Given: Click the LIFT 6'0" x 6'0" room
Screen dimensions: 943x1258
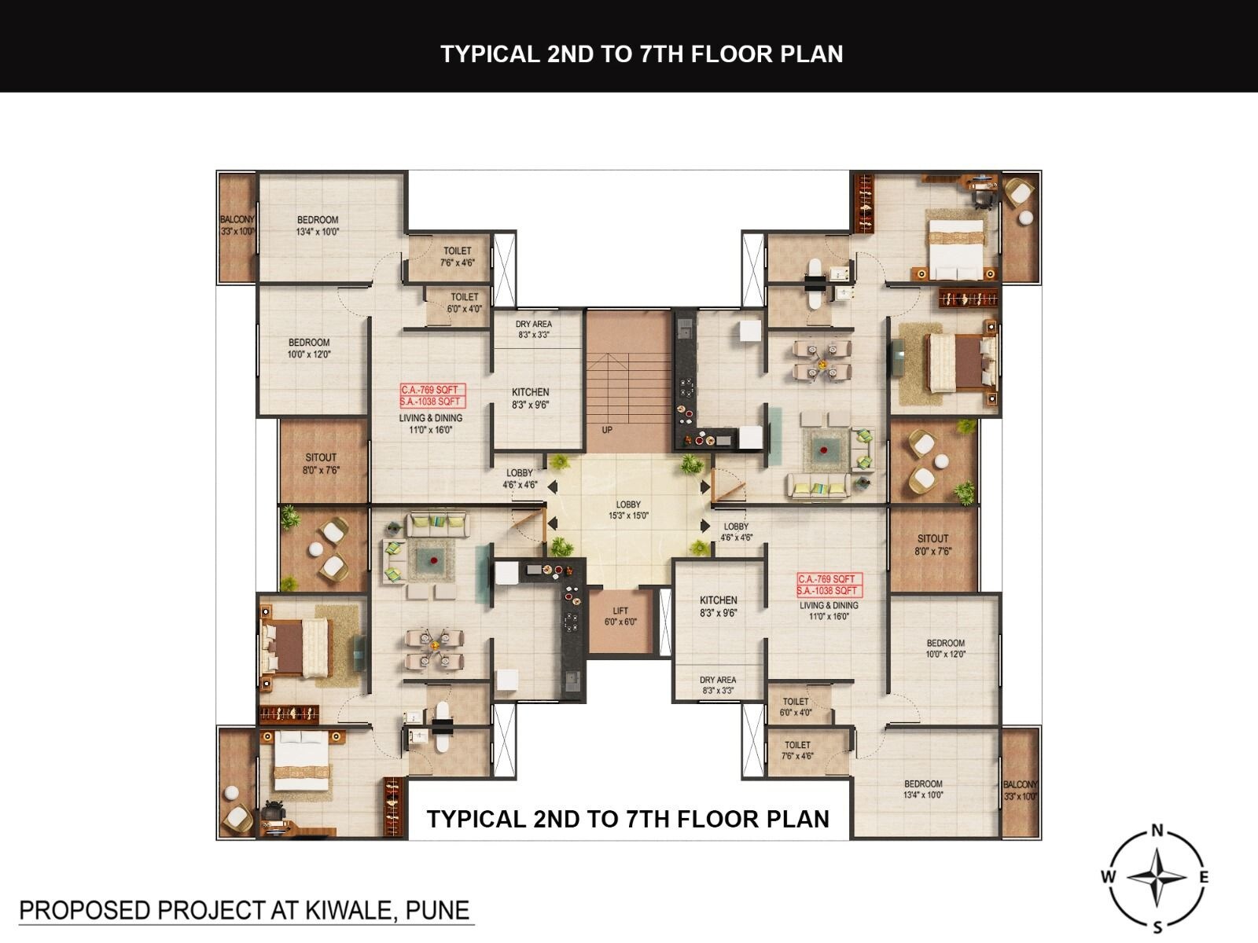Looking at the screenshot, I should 621,617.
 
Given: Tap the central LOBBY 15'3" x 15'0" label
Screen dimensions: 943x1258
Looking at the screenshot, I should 628,510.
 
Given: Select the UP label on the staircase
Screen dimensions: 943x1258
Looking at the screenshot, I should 607,430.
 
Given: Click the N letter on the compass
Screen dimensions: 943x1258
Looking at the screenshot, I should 1157,830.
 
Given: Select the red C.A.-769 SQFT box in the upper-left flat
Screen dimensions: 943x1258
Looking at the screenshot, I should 430,390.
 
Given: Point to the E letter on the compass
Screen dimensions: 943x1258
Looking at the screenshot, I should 1204,877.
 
